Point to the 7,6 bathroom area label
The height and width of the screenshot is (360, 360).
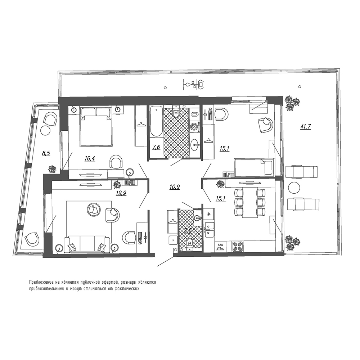(x=156, y=147)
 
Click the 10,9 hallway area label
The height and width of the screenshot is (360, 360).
(x=175, y=186)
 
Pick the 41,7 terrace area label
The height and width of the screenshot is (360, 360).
(x=305, y=126)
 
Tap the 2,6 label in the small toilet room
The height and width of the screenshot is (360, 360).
(x=188, y=231)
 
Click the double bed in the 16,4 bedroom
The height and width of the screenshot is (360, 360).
(x=95, y=127)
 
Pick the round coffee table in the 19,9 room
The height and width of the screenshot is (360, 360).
(x=94, y=209)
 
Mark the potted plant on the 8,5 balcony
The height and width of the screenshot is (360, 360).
(x=53, y=168)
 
